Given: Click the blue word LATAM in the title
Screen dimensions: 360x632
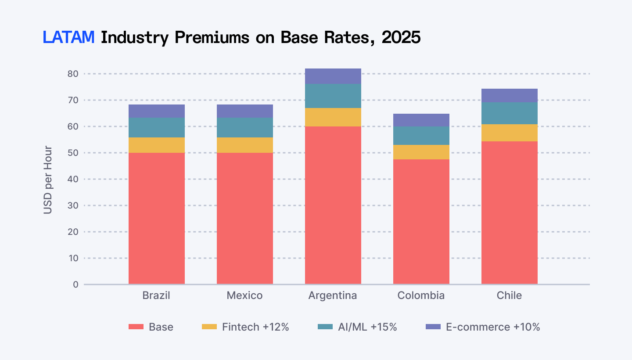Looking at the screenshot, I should click(69, 38).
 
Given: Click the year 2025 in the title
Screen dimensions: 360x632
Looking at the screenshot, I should click(401, 38).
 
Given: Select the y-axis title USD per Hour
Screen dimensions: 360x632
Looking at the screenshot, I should click(48, 180).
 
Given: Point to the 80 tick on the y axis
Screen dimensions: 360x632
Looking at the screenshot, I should click(73, 74).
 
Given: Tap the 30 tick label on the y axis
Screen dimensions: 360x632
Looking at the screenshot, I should click(73, 205).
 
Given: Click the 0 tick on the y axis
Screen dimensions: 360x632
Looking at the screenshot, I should click(75, 284).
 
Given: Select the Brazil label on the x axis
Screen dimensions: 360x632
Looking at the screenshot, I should click(156, 295).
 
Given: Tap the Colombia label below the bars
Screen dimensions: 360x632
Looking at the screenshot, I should click(421, 295).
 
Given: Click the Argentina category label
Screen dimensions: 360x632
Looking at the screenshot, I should click(333, 295).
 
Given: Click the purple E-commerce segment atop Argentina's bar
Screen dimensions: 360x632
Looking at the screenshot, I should click(333, 76).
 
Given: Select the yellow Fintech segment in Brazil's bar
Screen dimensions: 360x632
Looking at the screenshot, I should click(156, 145).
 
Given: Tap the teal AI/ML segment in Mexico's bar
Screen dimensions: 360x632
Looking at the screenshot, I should click(244, 127).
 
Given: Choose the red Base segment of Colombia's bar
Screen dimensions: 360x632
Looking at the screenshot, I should click(421, 222).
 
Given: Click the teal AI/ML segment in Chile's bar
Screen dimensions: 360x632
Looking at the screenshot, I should click(509, 113).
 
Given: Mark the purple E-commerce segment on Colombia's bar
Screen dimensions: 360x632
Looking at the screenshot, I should click(421, 120).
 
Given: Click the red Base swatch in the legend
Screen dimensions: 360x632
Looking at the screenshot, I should click(136, 327).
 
